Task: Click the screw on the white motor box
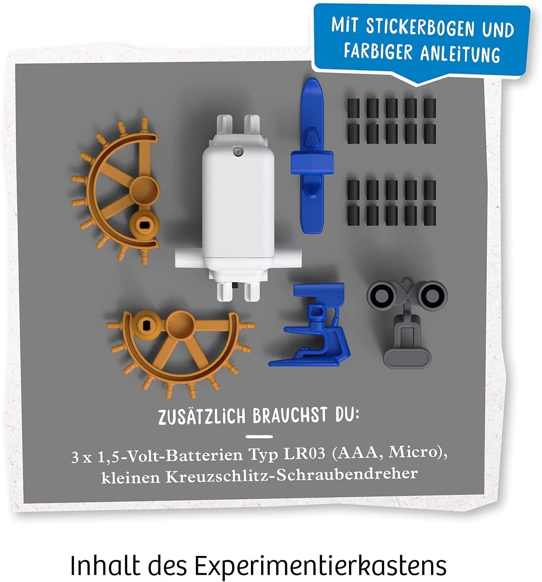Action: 237,151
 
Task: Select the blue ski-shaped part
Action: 312,156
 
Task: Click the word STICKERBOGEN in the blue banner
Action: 420,28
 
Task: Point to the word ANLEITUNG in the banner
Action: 460,54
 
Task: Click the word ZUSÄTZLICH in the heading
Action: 201,417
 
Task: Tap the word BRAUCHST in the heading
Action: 290,415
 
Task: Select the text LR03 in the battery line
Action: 304,454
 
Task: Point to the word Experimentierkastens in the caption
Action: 321,565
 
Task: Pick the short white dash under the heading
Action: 259,436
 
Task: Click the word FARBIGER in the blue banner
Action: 378,52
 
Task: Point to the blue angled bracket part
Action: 312,325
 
